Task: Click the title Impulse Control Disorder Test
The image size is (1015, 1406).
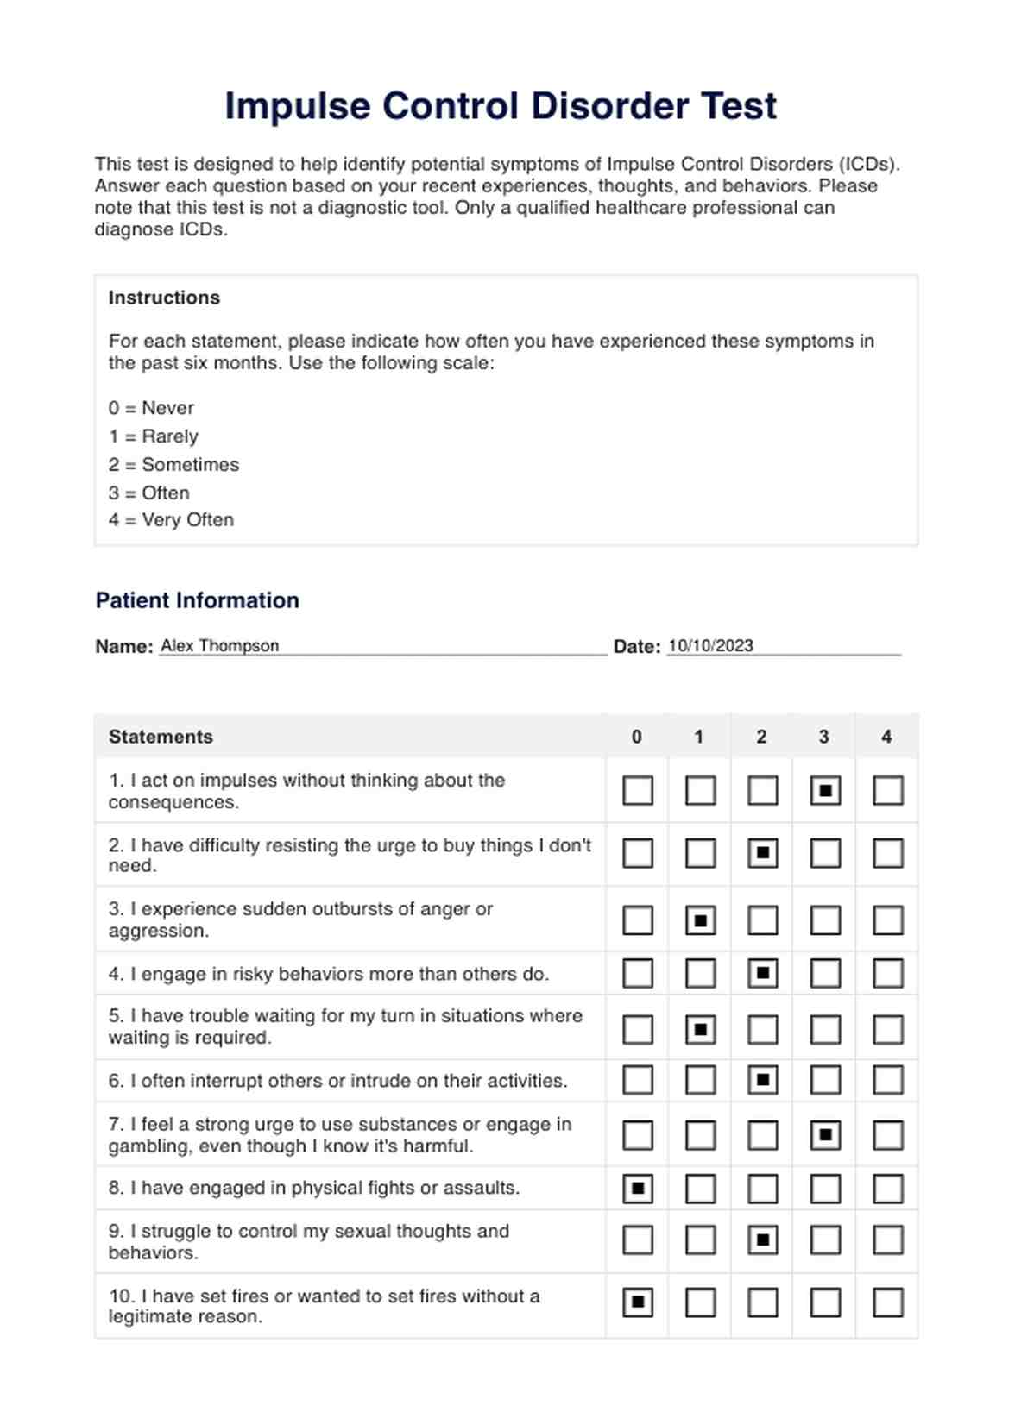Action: [501, 106]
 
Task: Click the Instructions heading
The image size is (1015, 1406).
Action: [164, 298]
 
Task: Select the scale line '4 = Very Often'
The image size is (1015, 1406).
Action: [171, 520]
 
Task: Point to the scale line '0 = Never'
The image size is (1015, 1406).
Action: [151, 408]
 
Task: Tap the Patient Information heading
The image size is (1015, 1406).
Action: [197, 600]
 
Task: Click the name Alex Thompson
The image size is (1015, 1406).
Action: [219, 646]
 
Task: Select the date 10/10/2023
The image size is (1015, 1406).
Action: [710, 646]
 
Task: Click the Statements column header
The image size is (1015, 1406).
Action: [161, 737]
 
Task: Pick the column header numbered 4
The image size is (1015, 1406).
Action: [886, 737]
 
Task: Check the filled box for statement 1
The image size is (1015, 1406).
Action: [825, 790]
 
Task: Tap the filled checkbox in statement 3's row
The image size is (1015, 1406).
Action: [700, 920]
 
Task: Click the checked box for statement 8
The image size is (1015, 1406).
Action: [638, 1189]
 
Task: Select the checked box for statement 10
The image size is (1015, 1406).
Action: [638, 1302]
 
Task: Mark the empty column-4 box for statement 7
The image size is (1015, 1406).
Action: [888, 1135]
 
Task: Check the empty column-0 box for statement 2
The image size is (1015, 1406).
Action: [638, 854]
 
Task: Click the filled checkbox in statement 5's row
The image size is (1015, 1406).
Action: [700, 1029]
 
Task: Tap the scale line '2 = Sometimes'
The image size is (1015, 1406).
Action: [173, 465]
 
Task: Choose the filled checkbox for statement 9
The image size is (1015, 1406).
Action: [762, 1240]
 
